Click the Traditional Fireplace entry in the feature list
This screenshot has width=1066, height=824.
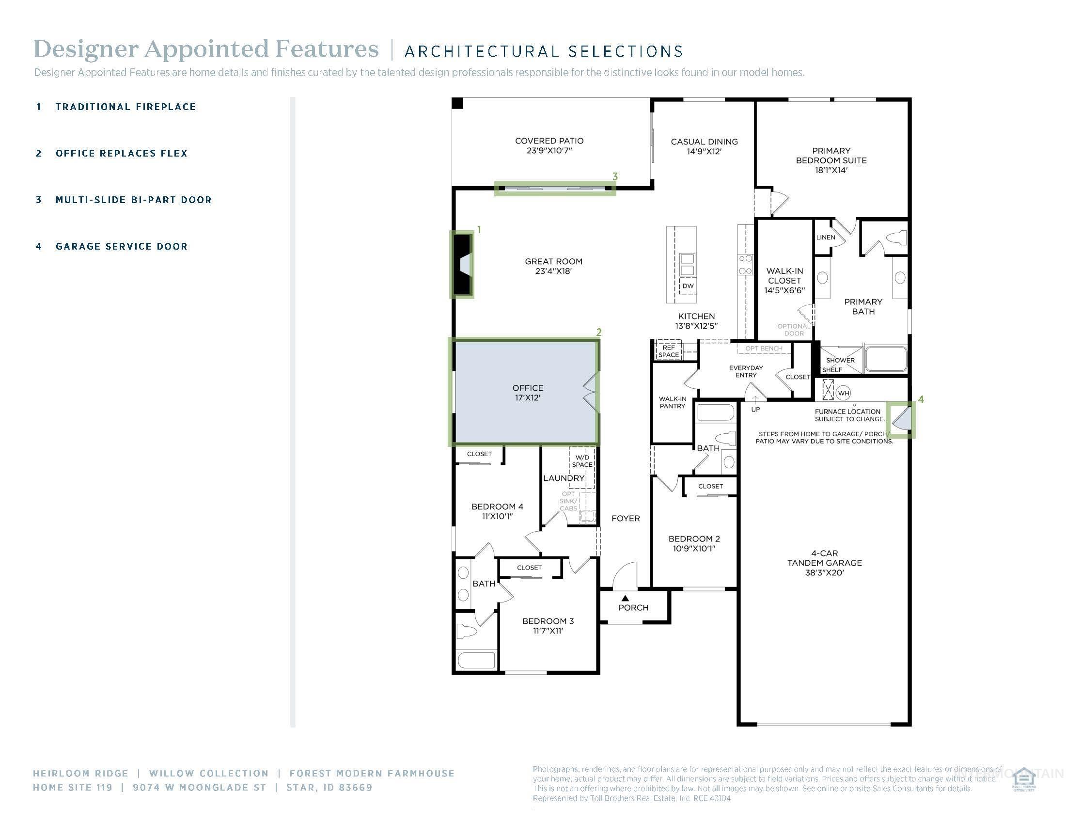click(125, 107)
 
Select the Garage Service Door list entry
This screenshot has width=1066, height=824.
click(122, 247)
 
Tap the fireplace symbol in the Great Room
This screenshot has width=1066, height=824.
click(462, 264)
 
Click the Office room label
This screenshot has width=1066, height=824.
click(528, 388)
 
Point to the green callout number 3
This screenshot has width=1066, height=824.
click(615, 177)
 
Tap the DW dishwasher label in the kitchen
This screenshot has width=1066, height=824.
click(688, 286)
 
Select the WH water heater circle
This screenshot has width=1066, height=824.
click(844, 393)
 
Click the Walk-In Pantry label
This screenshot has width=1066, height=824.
click(672, 402)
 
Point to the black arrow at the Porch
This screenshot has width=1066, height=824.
click(625, 598)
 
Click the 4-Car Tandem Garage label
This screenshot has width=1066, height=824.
click(824, 563)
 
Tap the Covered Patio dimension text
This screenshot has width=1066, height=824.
click(549, 150)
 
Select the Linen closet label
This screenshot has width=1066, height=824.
click(825, 237)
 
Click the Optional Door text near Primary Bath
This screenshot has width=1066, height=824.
click(794, 330)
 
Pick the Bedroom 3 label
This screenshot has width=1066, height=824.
click(548, 621)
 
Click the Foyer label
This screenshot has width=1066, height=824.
click(625, 519)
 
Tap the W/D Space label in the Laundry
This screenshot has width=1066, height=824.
click(582, 461)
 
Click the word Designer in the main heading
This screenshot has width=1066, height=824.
click(86, 49)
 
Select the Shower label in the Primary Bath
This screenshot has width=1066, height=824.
click(840, 360)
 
